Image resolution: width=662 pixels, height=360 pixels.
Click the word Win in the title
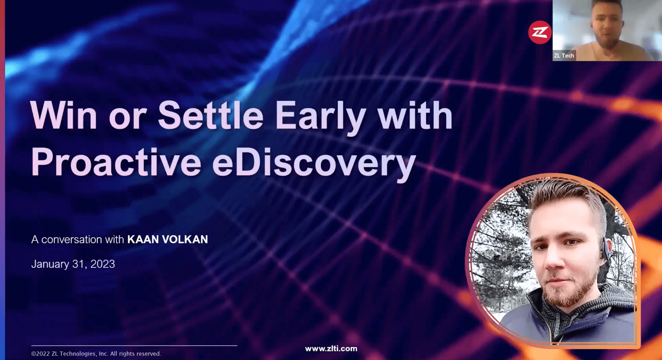click(x=63, y=115)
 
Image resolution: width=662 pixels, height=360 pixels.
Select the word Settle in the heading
click(x=210, y=115)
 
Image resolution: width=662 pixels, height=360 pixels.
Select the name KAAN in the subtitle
click(x=143, y=240)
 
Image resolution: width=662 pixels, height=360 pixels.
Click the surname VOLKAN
click(x=185, y=240)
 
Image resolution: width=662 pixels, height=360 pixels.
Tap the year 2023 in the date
click(x=103, y=264)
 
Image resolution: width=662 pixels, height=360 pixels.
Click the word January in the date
click(x=50, y=264)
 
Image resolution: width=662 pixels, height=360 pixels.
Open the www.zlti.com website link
click(x=331, y=349)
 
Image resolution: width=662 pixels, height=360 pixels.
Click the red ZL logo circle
click(x=540, y=32)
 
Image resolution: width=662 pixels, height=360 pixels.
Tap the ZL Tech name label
click(x=564, y=56)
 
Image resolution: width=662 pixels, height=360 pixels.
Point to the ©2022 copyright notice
click(x=96, y=354)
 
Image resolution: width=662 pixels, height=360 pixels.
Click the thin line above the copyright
click(x=134, y=345)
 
